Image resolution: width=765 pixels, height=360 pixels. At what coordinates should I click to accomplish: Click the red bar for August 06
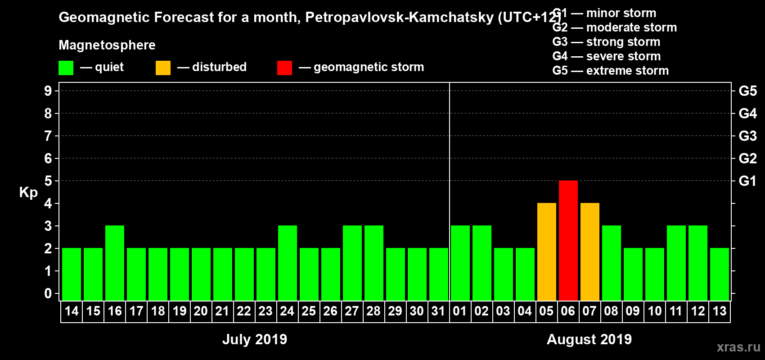coord(568,240)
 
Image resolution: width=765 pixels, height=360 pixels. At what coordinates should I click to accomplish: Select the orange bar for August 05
coord(546,252)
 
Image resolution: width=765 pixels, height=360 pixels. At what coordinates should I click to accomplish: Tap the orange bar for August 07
coord(589,252)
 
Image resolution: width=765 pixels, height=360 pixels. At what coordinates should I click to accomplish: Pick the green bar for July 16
coord(115,263)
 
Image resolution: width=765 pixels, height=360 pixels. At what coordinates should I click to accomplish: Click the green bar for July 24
coord(288,263)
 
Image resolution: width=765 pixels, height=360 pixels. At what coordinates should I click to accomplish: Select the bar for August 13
coord(719,274)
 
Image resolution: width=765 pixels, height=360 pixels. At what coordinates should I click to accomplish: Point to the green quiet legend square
coord(66,68)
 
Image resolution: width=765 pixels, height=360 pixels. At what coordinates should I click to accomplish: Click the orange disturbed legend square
coord(163,68)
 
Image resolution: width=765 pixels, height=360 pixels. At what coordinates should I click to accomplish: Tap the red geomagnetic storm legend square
coord(284,68)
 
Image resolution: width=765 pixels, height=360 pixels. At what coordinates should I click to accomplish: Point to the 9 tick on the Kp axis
coord(48,91)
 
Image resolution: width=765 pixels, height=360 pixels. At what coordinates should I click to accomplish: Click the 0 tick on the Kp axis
coord(48,293)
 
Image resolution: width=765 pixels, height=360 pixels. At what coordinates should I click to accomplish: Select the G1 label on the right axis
coord(747,181)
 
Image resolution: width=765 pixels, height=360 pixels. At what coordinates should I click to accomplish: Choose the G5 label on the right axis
coord(747,91)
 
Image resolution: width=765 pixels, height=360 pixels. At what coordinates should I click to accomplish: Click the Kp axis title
coord(28,193)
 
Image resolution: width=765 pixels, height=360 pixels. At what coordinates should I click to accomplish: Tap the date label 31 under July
coord(438,311)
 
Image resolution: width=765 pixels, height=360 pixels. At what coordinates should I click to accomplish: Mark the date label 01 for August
coord(460,311)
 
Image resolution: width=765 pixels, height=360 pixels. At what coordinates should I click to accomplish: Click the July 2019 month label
coord(255,339)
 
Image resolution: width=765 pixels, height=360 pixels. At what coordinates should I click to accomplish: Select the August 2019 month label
coord(589,339)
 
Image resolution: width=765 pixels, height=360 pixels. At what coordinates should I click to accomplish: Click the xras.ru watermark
coord(738,347)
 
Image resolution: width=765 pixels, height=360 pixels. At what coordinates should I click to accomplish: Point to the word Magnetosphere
coord(107,45)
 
